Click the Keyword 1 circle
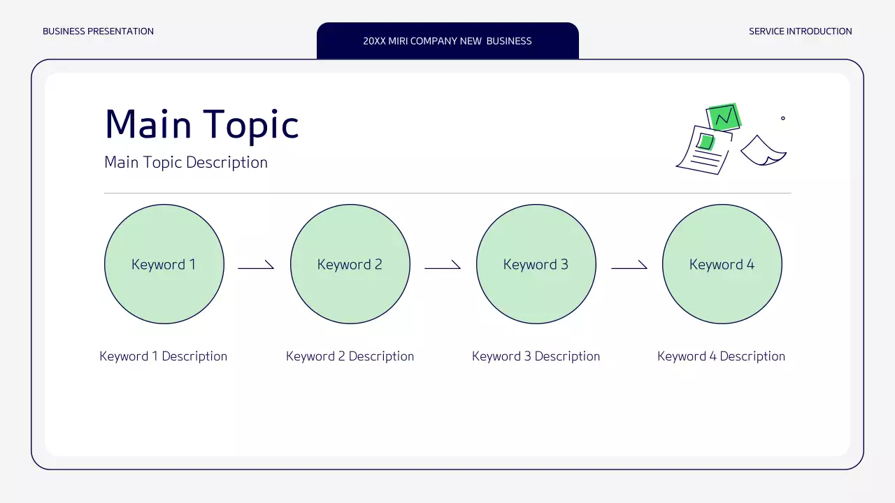(164, 264)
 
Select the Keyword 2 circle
(350, 264)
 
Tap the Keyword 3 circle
(536, 264)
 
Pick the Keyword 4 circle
(722, 264)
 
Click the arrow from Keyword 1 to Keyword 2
(256, 267)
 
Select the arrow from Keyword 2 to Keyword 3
(443, 267)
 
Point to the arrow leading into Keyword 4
(629, 267)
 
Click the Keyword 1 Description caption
(164, 356)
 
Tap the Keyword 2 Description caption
(350, 356)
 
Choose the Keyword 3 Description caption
(536, 356)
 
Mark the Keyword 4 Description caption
(722, 356)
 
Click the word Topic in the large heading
(251, 126)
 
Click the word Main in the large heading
(148, 124)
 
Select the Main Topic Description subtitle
(186, 163)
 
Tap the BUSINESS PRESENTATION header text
(99, 31)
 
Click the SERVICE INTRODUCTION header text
(801, 31)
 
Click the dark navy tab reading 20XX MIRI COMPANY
(447, 41)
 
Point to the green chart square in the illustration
(724, 116)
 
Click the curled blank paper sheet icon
(763, 151)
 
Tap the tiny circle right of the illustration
(782, 118)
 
